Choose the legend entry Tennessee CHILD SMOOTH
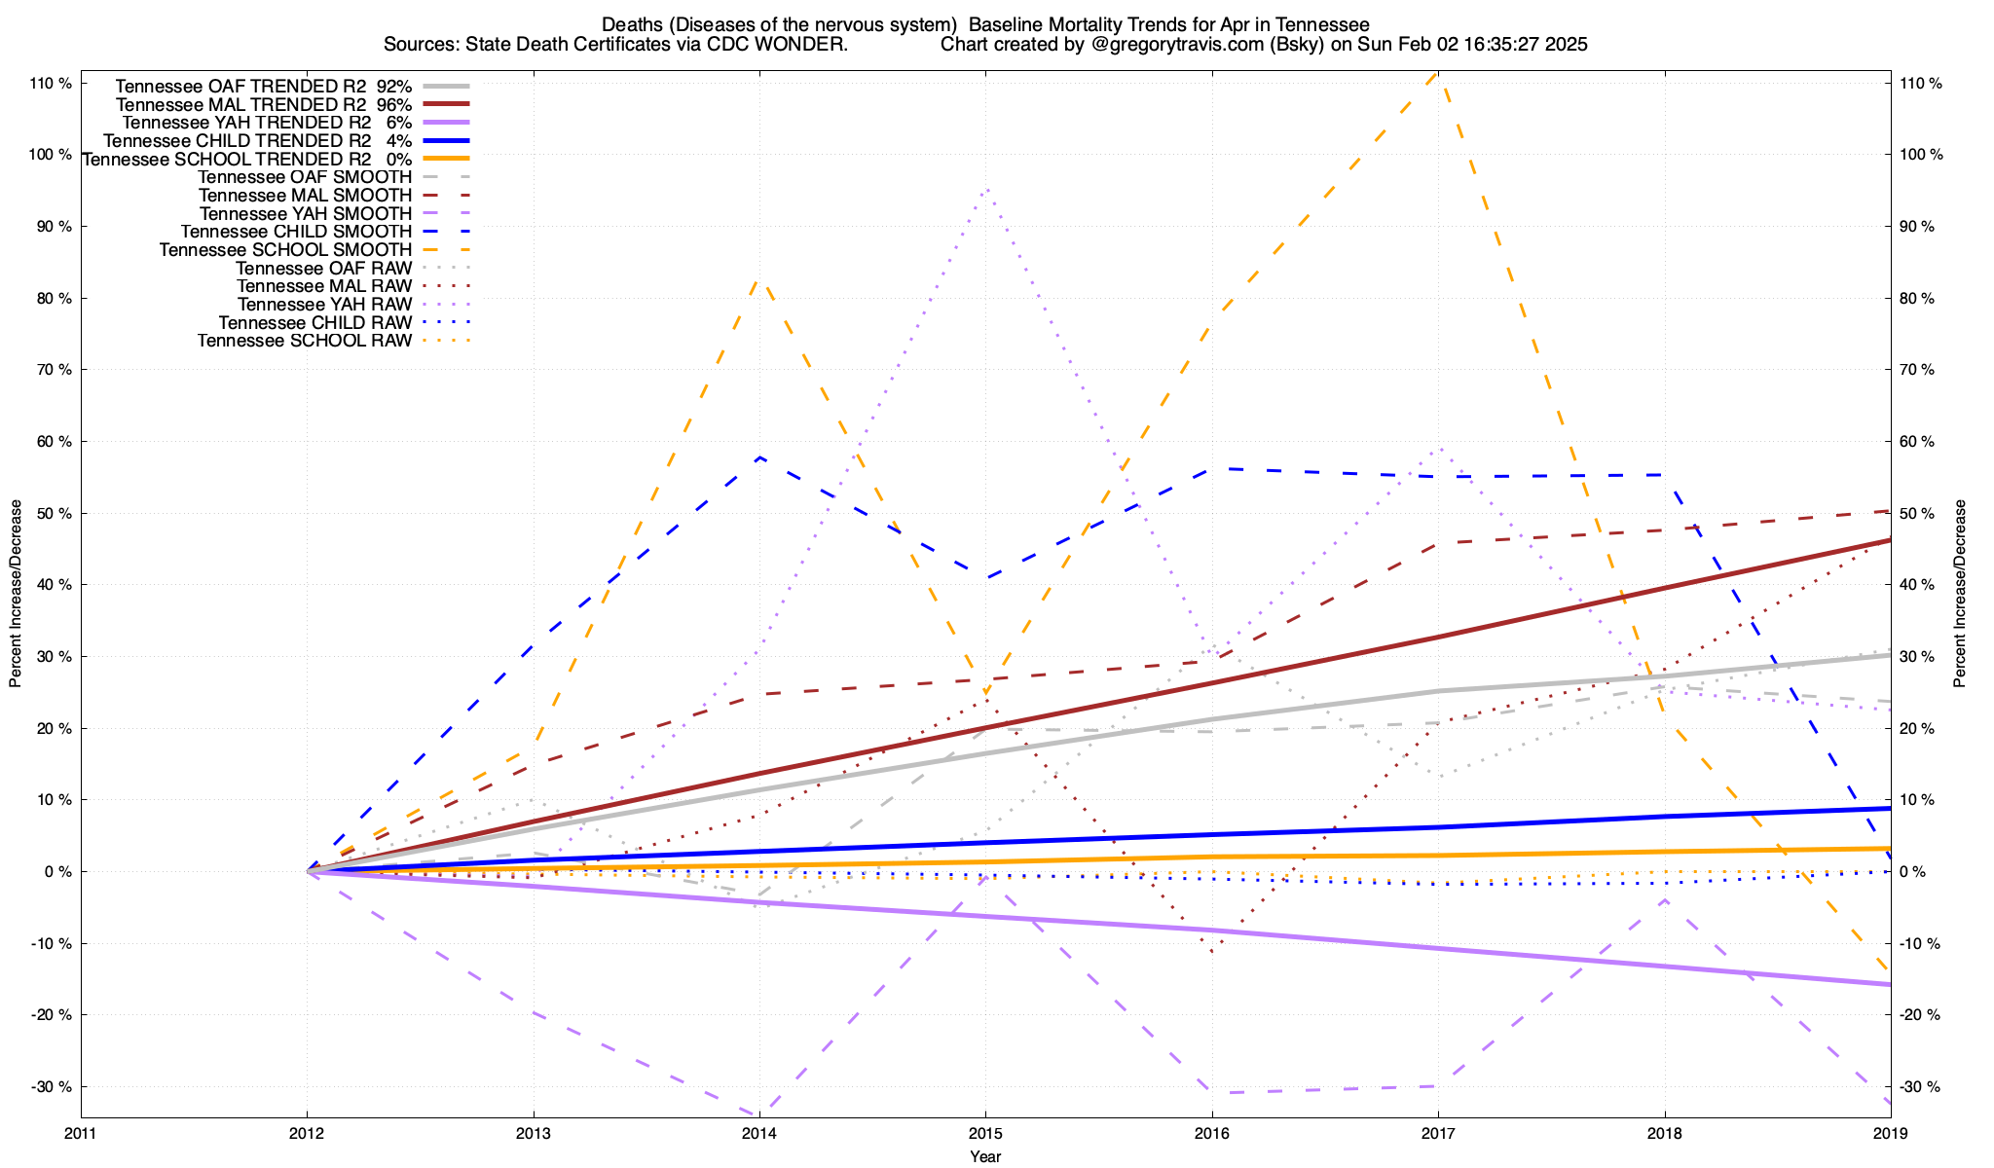click(x=296, y=232)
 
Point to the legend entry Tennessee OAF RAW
click(x=323, y=269)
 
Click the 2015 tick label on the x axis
click(x=985, y=1133)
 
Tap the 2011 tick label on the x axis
click(x=81, y=1133)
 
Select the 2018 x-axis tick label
click(x=1664, y=1133)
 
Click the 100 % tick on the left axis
click(x=52, y=155)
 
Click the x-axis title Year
click(x=985, y=1156)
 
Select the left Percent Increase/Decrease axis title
click(x=16, y=594)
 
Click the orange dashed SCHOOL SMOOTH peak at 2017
click(x=1437, y=73)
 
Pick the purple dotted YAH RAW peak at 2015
click(x=986, y=189)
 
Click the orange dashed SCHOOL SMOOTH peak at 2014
click(x=759, y=280)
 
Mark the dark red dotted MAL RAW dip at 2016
click(x=1212, y=951)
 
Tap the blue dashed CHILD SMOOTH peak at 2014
click(x=759, y=456)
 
